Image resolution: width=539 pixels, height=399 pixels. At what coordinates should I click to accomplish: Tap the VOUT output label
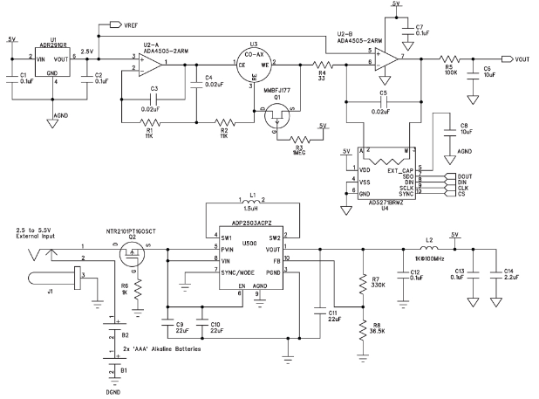(x=523, y=58)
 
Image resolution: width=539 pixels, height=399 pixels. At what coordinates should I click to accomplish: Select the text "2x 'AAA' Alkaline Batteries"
(x=161, y=348)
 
